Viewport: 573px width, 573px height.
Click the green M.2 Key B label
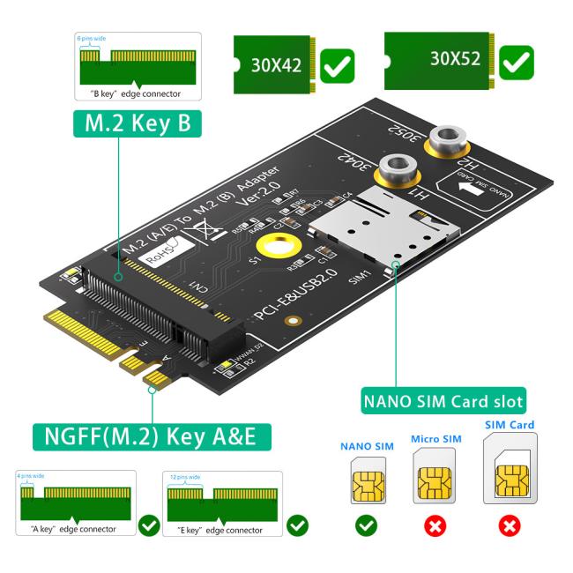click(138, 123)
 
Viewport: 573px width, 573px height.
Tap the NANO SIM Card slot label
click(443, 401)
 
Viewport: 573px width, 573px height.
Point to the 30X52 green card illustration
click(439, 60)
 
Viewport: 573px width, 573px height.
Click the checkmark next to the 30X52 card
click(517, 62)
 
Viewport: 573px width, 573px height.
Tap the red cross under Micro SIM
click(435, 526)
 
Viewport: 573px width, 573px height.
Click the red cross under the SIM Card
click(509, 526)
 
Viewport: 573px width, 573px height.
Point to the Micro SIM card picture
click(435, 477)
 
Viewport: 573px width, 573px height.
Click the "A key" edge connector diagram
click(78, 503)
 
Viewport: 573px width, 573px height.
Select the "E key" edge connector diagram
click(224, 503)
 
